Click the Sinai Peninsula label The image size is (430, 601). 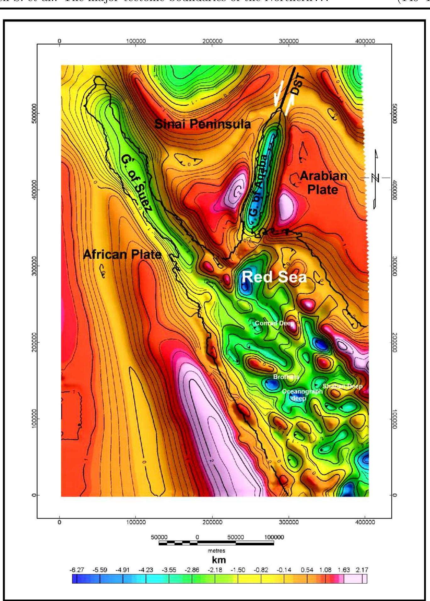[203, 124]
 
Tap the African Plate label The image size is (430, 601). [122, 254]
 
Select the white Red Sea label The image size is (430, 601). [274, 277]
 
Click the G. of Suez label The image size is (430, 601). [137, 184]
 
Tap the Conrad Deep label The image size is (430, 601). [274, 323]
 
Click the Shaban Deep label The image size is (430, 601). [343, 386]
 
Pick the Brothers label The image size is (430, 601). [286, 377]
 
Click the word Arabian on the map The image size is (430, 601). [324, 176]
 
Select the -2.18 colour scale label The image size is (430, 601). [215, 570]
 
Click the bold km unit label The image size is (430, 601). [219, 560]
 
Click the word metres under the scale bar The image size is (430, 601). [216, 551]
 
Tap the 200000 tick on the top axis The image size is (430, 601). [212, 41]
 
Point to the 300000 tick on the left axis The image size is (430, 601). [34, 266]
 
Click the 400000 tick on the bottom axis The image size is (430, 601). [365, 522]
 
